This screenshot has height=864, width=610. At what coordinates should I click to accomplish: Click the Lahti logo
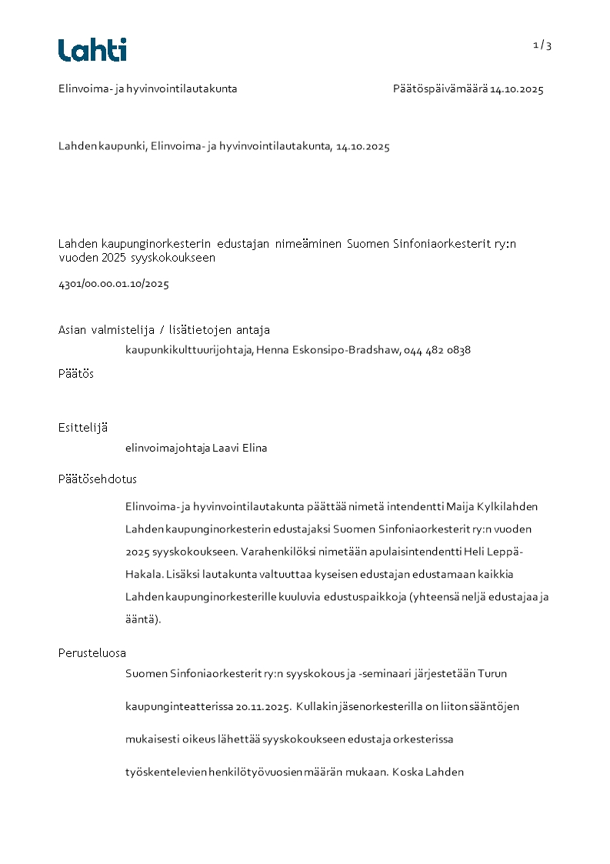[92, 50]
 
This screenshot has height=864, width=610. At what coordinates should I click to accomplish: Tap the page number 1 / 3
[542, 45]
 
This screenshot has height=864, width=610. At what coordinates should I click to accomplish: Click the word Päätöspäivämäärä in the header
[439, 89]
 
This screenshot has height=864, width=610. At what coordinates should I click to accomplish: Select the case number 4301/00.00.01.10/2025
[114, 284]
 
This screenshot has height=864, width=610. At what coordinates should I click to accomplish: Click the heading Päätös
[76, 374]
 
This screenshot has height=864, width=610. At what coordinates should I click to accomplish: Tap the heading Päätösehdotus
[98, 479]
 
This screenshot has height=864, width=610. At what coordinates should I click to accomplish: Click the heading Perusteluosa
[92, 653]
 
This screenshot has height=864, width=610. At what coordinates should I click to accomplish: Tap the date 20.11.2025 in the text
[263, 706]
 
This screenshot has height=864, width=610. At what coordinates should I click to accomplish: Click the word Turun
[492, 674]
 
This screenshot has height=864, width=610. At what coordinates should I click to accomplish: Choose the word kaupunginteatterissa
[179, 706]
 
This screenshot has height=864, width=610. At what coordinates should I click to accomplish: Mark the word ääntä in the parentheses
[140, 619]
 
